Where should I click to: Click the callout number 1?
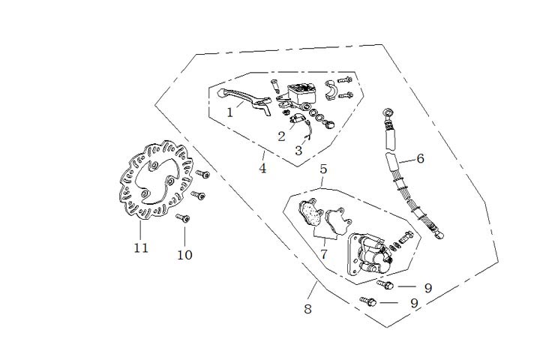coord(230,112)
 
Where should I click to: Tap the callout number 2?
coord(281,136)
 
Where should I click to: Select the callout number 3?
coord(298,151)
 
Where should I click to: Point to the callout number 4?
coord(262,168)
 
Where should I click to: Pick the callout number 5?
coord(323,169)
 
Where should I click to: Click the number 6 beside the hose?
coord(420,158)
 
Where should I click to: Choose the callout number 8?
coord(308,309)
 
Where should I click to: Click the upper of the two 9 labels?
coord(427,287)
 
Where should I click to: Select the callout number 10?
coord(184,255)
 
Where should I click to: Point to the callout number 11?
coord(141,248)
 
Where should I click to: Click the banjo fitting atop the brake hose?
coord(388,114)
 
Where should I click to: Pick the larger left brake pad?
coord(309,213)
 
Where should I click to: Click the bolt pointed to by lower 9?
coord(368,301)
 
